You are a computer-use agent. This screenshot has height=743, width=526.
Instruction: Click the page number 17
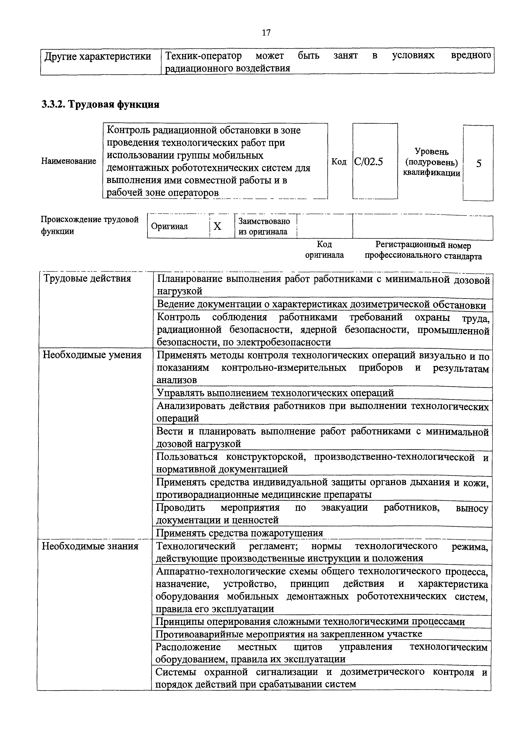point(266,33)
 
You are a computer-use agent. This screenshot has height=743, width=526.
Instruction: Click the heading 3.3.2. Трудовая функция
point(100,105)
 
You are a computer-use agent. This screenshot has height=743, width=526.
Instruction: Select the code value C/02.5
point(369,161)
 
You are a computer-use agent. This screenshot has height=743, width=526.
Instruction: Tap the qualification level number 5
point(478,164)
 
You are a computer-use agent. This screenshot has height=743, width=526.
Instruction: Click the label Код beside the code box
point(339,161)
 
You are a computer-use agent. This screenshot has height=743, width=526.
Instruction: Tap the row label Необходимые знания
point(90,546)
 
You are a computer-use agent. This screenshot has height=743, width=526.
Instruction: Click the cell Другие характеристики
point(98,57)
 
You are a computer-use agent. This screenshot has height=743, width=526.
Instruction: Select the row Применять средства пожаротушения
point(240,533)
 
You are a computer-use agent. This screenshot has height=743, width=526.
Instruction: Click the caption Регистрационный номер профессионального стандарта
point(423,251)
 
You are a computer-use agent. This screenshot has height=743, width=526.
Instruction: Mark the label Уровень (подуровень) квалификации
point(431,162)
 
